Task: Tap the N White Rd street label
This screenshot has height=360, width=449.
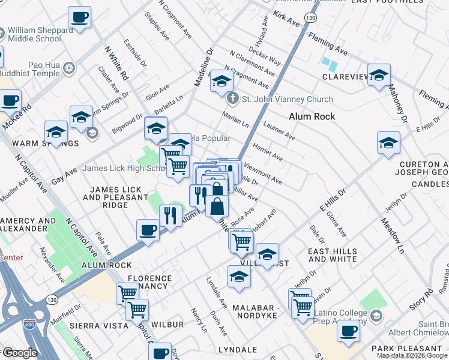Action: tap(116, 64)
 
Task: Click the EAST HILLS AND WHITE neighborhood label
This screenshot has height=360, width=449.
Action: tap(332, 256)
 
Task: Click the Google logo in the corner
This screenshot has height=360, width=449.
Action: tap(19, 353)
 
